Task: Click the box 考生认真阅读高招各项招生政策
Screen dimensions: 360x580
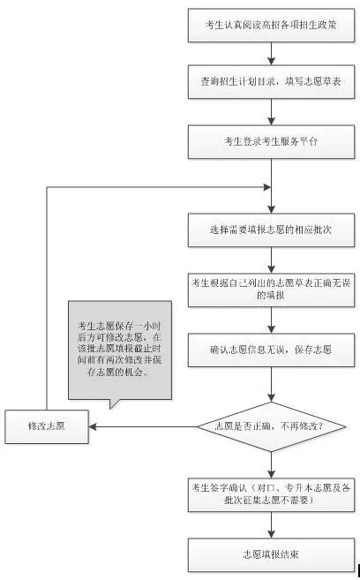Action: pos(271,25)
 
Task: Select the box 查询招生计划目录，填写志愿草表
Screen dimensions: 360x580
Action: pos(271,82)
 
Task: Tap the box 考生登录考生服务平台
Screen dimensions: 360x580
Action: pos(271,142)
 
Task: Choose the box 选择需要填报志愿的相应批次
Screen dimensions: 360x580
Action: pos(271,230)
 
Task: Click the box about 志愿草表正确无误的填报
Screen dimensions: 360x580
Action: pos(271,290)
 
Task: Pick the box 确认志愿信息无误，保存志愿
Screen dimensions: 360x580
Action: pos(271,350)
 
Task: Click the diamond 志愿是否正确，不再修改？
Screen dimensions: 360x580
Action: pos(271,426)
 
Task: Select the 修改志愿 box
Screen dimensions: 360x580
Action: pos(47,426)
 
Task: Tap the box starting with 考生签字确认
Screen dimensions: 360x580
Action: pos(271,495)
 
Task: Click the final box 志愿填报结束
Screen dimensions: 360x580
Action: pos(271,555)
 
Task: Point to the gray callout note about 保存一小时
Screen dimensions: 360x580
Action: pos(120,350)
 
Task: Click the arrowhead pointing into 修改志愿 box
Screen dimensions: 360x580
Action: pos(93,426)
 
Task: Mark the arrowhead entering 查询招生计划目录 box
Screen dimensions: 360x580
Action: pos(271,62)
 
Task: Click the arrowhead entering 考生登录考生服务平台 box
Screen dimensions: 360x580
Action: pos(271,121)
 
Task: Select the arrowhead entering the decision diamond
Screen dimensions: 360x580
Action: pos(271,398)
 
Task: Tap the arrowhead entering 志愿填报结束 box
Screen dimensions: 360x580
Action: pos(271,534)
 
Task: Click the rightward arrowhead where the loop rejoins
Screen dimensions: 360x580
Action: pos(267,187)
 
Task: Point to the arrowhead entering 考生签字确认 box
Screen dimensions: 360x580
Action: pos(271,475)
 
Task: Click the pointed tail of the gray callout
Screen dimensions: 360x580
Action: pos(111,409)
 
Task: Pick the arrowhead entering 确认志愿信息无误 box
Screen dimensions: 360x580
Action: pos(271,329)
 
